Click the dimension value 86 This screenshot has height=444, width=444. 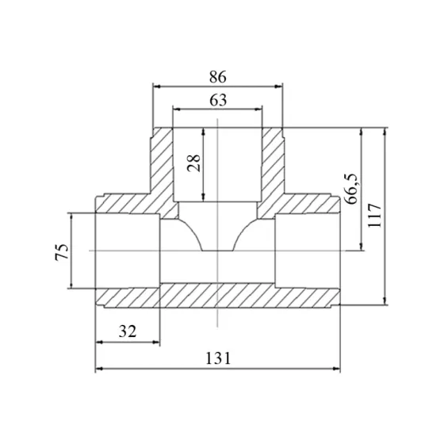click(218, 77)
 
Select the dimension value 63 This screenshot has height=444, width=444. click(218, 100)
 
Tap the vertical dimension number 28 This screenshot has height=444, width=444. click(194, 163)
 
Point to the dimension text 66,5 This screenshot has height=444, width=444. click(351, 189)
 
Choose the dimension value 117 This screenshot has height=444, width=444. click(374, 215)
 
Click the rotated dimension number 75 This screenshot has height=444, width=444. click(62, 251)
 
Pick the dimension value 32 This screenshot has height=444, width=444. click(128, 331)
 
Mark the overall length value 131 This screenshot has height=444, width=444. click(218, 358)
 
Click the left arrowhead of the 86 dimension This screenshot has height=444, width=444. click(157, 86)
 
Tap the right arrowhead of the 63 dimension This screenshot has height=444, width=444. click(258, 109)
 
